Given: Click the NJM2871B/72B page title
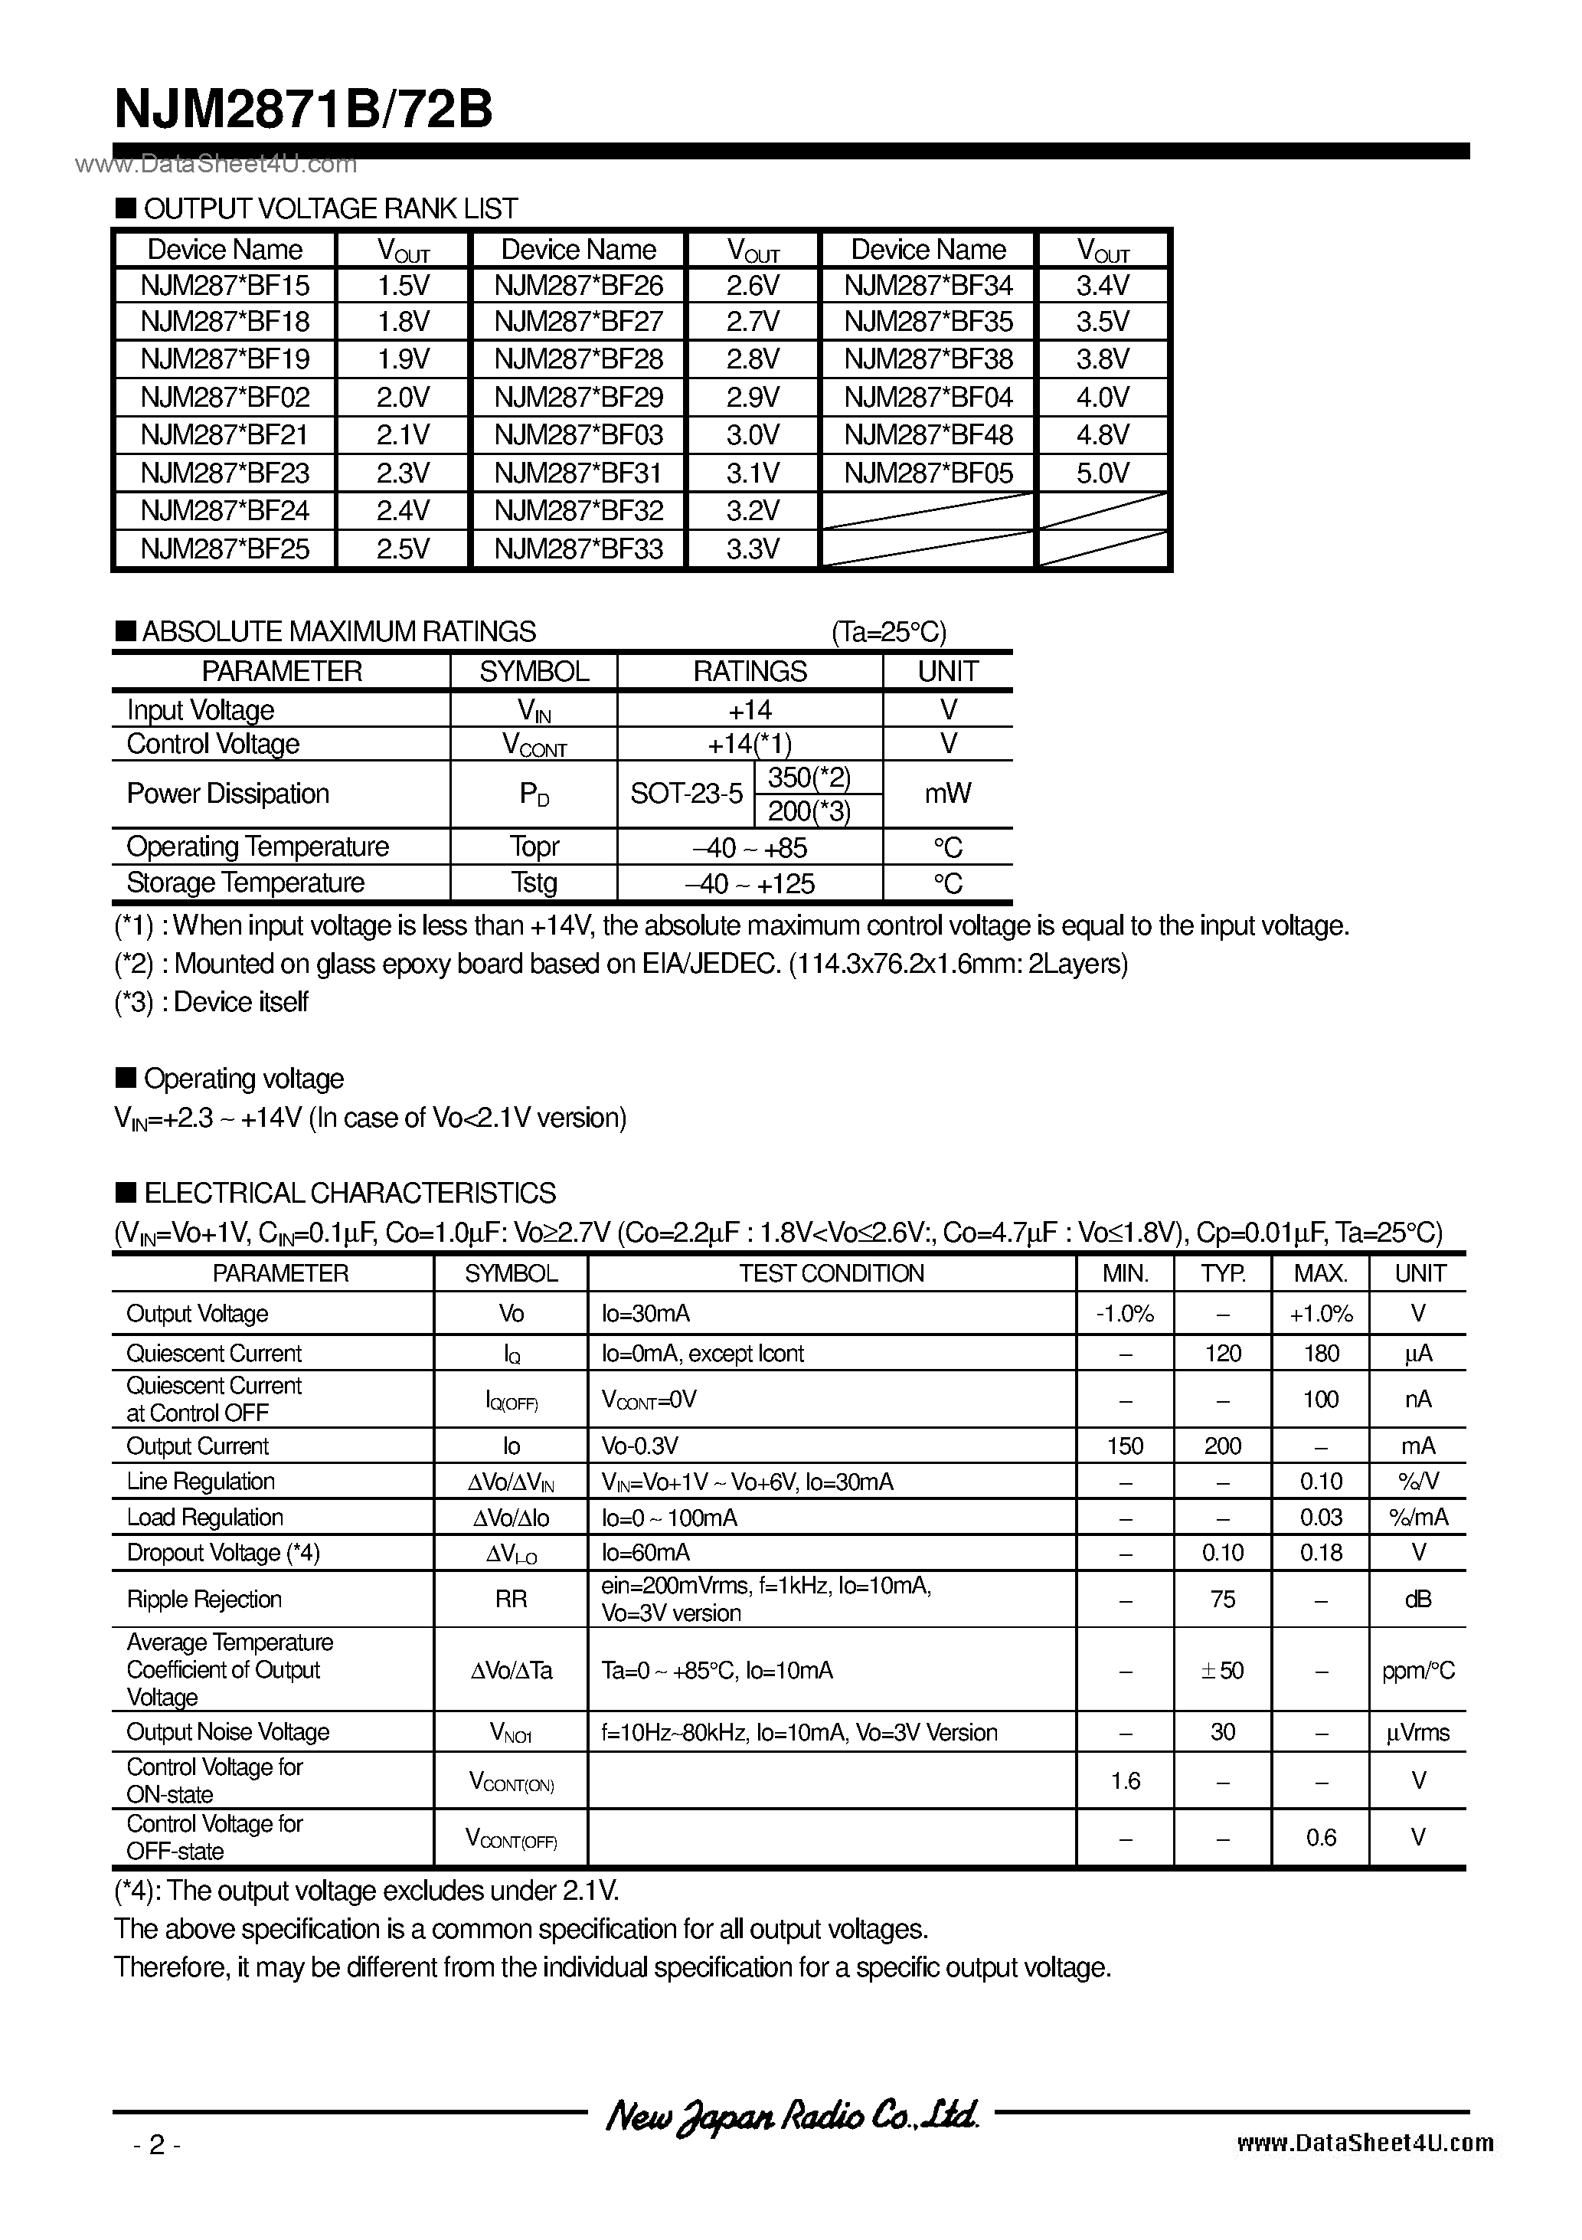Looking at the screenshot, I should click(x=302, y=110).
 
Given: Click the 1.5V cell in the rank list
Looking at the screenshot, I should click(x=403, y=286).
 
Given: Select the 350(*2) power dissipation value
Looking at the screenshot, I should click(x=809, y=778).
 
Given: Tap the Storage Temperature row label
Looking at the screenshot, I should click(x=246, y=883).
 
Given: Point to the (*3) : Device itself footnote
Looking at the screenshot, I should click(x=211, y=1002).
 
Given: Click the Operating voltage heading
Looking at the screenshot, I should click(x=243, y=1079).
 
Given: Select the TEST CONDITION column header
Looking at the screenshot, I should click(x=831, y=1273).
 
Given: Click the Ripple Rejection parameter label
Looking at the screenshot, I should click(x=204, y=1599).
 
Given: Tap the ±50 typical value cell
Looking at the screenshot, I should click(x=1222, y=1670).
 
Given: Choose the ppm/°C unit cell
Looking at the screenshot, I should click(x=1417, y=1670).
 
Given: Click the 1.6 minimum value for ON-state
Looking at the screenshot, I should click(x=1125, y=1781).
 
